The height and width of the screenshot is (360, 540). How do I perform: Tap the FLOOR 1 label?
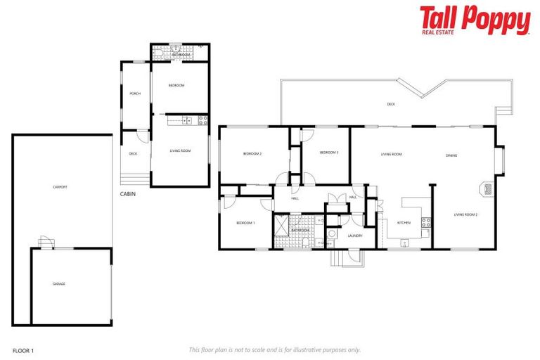pyautogui.click(x=23, y=349)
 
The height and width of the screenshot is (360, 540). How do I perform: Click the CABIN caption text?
pyautogui.click(x=127, y=193)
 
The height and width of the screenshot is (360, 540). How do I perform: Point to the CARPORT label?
pyautogui.click(x=60, y=187)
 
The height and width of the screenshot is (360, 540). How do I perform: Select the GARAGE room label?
pyautogui.click(x=59, y=283)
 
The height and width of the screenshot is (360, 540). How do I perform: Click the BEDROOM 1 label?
pyautogui.click(x=245, y=223)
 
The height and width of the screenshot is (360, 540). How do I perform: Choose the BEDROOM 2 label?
pyautogui.click(x=252, y=153)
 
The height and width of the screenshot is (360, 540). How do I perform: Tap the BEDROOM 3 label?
pyautogui.click(x=329, y=153)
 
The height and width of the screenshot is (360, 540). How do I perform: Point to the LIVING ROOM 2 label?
pyautogui.click(x=465, y=214)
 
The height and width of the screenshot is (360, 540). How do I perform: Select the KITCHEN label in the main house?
pyautogui.click(x=404, y=223)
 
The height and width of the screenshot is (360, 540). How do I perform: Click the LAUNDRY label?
pyautogui.click(x=355, y=236)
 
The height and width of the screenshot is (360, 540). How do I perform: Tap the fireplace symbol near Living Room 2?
pyautogui.click(x=487, y=188)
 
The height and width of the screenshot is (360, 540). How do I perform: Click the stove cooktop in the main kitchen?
pyautogui.click(x=425, y=223)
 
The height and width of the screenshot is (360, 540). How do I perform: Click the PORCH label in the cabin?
pyautogui.click(x=134, y=94)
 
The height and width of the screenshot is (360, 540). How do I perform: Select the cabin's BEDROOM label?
pyautogui.click(x=176, y=86)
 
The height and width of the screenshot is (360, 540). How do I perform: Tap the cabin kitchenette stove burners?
pyautogui.click(x=202, y=120)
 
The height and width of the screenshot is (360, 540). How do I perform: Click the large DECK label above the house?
pyautogui.click(x=391, y=104)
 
